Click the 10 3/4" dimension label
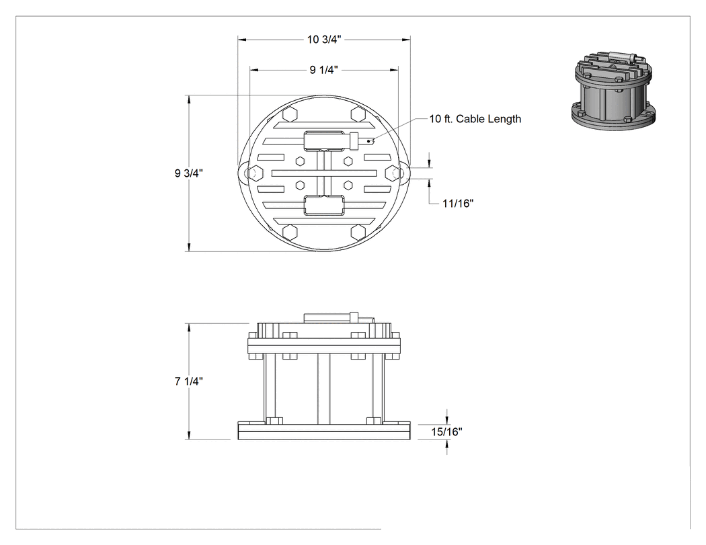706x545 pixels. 324,40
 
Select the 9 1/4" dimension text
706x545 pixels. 323,70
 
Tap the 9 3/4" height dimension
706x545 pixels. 189,173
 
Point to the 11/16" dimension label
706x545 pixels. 457,204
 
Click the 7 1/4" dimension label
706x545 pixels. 189,381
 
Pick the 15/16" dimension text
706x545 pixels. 446,432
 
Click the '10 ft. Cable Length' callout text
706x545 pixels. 475,119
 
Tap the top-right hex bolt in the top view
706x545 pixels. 358,114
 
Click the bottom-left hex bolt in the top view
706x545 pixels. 290,232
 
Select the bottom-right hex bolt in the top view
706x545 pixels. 358,232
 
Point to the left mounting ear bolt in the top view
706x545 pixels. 256,173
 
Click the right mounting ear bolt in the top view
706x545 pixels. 393,173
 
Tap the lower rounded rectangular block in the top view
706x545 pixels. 324,206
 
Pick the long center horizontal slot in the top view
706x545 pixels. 324,173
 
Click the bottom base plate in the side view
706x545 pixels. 324,431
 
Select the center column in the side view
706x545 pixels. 323,388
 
